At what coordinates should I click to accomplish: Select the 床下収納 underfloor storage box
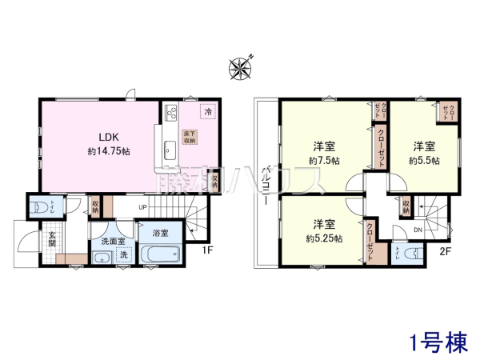tap(189, 136)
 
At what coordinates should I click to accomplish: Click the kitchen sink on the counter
tap(170, 146)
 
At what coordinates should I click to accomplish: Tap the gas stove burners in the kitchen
tap(170, 114)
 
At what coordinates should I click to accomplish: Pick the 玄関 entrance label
tap(51, 239)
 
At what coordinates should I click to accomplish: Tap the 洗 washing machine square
tap(124, 254)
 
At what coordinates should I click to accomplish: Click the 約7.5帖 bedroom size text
tap(323, 160)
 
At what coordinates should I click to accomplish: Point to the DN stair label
tap(418, 231)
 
